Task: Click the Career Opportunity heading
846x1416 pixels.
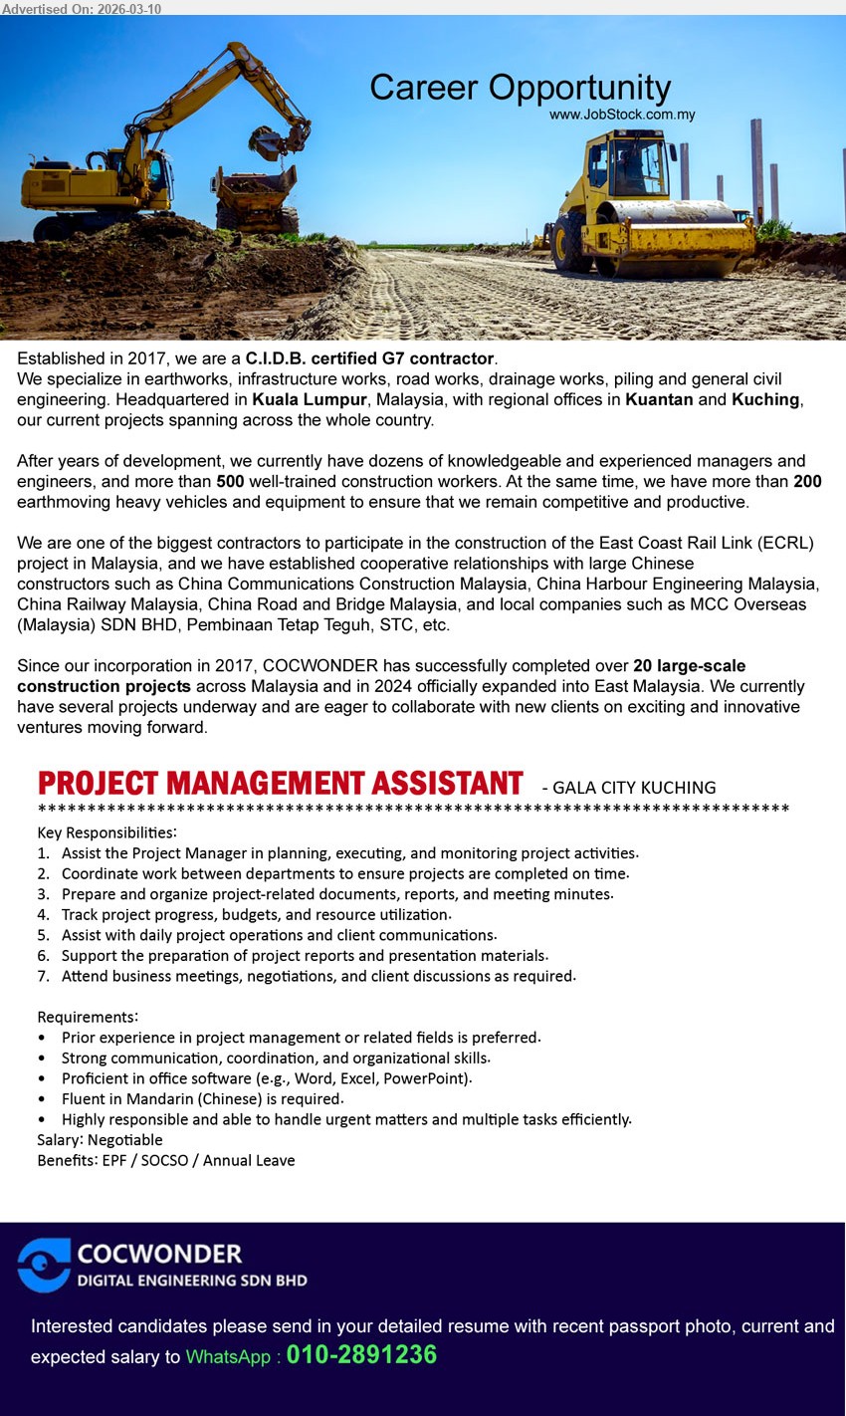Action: [520, 88]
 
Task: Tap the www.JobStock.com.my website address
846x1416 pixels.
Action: [622, 116]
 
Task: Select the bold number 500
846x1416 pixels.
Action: [230, 481]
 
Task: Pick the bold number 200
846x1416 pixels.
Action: [807, 481]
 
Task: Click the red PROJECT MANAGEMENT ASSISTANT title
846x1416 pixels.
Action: [280, 784]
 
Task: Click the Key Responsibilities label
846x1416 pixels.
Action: [107, 832]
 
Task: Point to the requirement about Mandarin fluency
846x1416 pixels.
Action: [202, 1099]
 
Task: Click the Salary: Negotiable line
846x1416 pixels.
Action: [100, 1140]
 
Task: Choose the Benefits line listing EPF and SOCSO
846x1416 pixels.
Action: [166, 1160]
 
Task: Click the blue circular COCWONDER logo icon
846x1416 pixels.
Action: [44, 1265]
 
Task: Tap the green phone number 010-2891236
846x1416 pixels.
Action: [361, 1355]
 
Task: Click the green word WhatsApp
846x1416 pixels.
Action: [228, 1357]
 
